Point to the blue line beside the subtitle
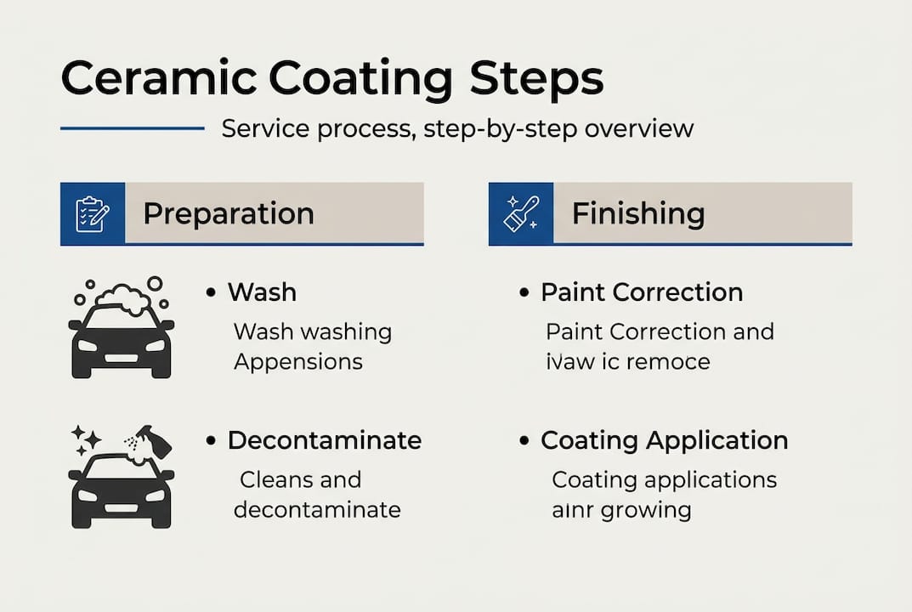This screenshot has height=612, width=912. (x=132, y=128)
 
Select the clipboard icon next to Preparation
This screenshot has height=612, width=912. (x=92, y=213)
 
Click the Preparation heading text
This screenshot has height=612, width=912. (x=228, y=213)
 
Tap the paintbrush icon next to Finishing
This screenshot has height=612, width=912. (x=520, y=213)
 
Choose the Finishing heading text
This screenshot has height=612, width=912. (x=637, y=213)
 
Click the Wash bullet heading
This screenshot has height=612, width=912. (x=262, y=292)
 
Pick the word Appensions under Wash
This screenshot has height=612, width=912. (x=297, y=361)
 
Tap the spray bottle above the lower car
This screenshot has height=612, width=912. (x=152, y=442)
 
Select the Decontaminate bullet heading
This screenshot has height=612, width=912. (x=324, y=440)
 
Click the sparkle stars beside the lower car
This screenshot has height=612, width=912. (x=87, y=439)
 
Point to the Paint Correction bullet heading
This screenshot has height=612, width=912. (x=642, y=292)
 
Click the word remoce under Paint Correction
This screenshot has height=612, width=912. (x=667, y=361)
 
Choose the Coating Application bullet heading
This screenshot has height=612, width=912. (x=664, y=440)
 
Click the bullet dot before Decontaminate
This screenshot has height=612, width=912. (x=210, y=441)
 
